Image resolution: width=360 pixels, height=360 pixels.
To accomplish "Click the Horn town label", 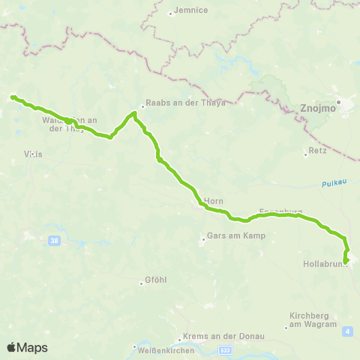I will point(214,200).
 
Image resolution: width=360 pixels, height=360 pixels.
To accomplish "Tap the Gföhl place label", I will point(152,283).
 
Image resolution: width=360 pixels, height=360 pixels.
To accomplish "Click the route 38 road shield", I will point(53,241).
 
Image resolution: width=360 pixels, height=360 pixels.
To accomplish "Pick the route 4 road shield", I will point(346,330).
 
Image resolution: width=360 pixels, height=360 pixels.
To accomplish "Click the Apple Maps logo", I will point(27,347).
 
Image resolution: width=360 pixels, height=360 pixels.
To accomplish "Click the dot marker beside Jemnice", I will point(171,13).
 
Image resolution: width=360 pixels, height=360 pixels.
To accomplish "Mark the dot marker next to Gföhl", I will point(141,283).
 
